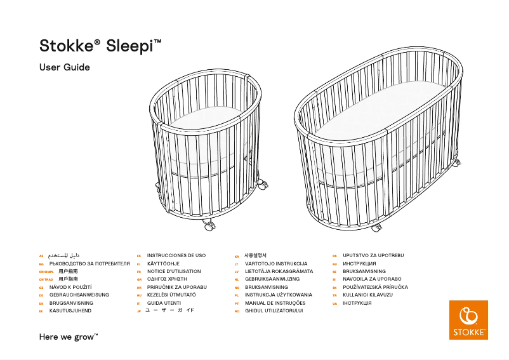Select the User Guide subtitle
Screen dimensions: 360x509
[x=65, y=67]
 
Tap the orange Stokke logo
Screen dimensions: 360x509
[x=468, y=319]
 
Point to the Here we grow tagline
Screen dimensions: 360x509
[x=69, y=336]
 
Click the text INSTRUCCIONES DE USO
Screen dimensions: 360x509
[x=176, y=255]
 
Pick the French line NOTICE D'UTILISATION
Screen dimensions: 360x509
[x=173, y=271]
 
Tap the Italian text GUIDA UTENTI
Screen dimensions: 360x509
[x=164, y=303]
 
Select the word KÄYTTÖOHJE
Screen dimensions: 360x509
[x=163, y=263]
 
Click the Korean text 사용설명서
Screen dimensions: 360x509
[x=255, y=255]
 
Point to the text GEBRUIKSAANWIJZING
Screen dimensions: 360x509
[x=272, y=279]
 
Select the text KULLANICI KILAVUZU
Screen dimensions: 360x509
[x=367, y=295]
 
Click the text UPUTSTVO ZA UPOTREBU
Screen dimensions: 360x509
[x=373, y=255]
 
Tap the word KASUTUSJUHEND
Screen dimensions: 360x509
[x=70, y=311]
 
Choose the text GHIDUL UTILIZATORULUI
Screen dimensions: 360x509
[x=274, y=311]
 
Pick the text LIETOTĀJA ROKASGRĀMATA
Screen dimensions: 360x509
[x=279, y=271]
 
